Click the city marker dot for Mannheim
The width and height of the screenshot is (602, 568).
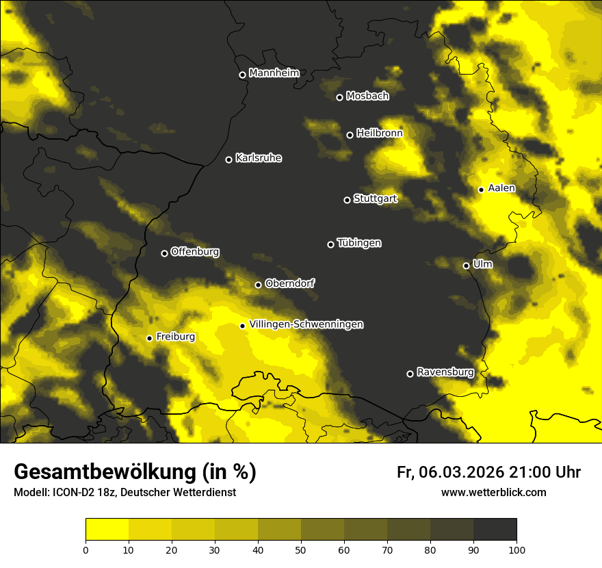coord(242,75)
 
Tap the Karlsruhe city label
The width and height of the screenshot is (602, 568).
coord(259,158)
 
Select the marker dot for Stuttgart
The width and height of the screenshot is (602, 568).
coord(347,200)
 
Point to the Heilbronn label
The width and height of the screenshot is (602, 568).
coord(380,133)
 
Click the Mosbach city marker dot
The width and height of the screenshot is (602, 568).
coord(339,97)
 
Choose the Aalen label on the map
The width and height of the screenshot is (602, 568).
coord(501,188)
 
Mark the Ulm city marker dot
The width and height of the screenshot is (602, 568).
coord(466,266)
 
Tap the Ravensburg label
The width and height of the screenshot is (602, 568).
coord(445,372)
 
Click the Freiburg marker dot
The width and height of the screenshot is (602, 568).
coord(149,338)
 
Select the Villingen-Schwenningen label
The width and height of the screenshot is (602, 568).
coord(306,324)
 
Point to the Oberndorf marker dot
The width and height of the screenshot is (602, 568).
coord(258,285)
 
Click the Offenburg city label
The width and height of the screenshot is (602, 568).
coord(195,252)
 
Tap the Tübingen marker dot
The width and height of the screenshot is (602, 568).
coord(330,244)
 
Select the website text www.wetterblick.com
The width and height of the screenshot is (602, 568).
coord(494,492)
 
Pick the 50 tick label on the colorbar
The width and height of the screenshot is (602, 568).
coord(301,549)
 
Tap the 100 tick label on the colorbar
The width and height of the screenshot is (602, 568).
coord(516,549)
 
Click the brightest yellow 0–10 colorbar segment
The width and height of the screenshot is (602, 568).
coord(107,530)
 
